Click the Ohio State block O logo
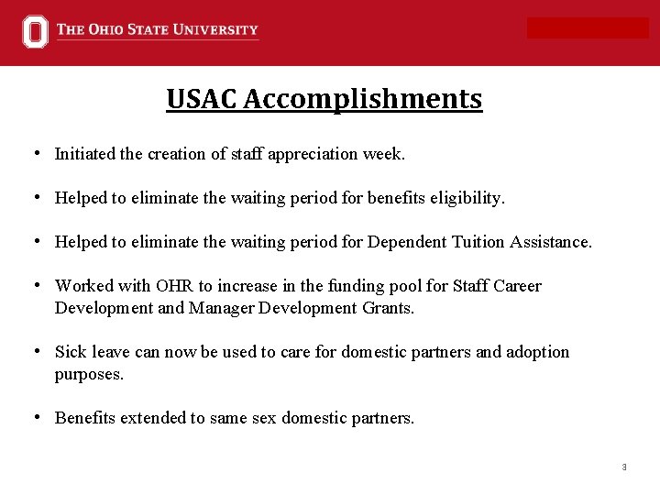pos(35,31)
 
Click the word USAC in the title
pos(201,99)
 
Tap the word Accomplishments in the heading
pos(363,99)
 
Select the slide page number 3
pos(624,467)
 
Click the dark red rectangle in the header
pos(588,28)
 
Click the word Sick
pos(71,352)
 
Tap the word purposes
pos(89,374)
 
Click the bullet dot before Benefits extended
pos(34,417)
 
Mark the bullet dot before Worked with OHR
pos(34,285)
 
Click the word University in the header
pos(217,30)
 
